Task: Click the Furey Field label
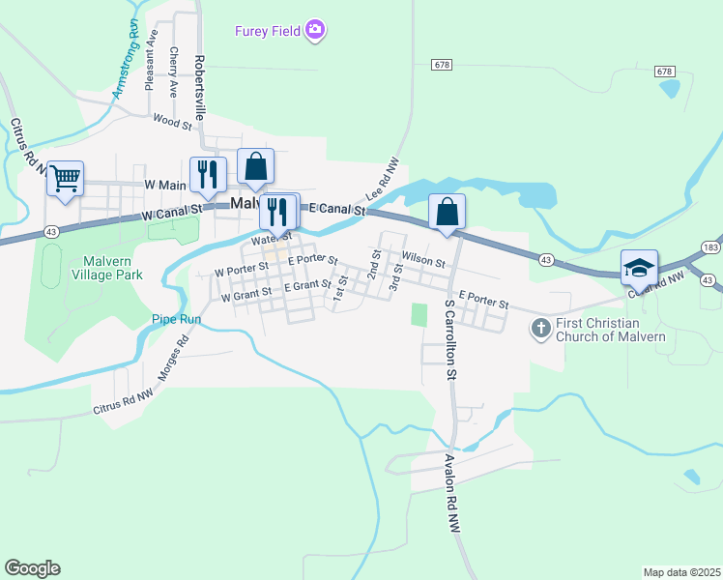point(268,31)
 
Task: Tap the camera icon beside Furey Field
point(314,31)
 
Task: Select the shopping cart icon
point(65,178)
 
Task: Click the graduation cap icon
point(639,267)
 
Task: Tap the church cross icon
point(540,329)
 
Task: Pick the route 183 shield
point(711,248)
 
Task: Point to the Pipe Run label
point(176,318)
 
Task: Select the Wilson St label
point(423,260)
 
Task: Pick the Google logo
point(32,568)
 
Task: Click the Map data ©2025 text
point(681,572)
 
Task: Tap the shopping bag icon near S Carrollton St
point(447,212)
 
